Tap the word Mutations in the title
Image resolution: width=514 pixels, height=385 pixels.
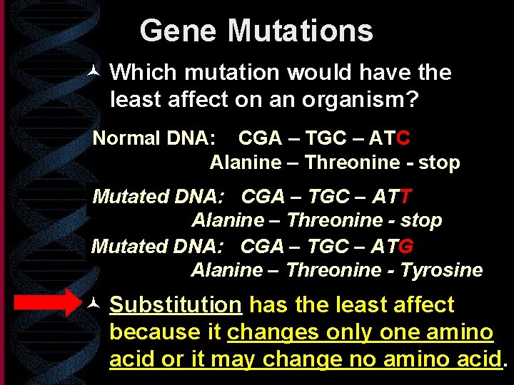pos(301,31)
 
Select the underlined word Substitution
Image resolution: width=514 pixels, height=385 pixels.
pos(176,305)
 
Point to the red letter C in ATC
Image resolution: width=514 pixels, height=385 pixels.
pos(403,138)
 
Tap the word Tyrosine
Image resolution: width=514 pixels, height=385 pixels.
pos(442,270)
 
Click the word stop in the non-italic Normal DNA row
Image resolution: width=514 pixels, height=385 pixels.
pos(439,163)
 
